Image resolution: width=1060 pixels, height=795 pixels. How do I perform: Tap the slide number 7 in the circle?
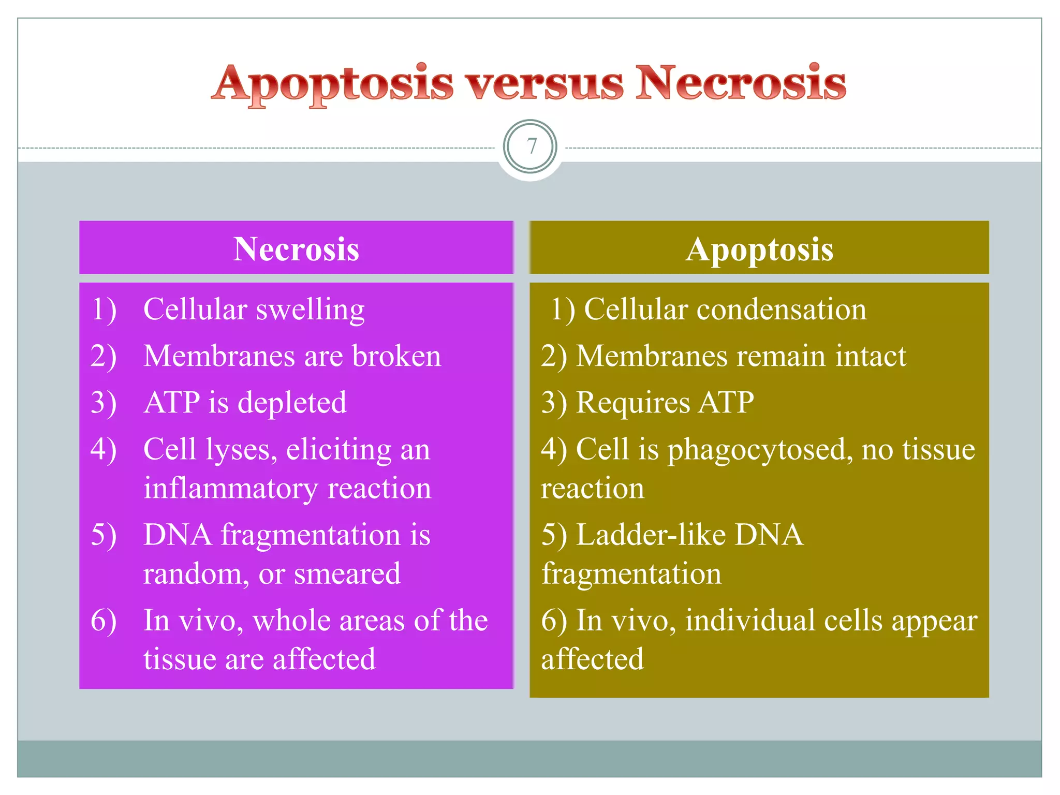531,147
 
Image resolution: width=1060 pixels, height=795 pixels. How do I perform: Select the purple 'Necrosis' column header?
296,249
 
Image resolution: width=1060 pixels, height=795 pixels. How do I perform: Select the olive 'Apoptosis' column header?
759,249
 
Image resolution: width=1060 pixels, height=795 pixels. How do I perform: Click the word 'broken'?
396,356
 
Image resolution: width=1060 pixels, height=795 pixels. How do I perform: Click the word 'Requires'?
633,403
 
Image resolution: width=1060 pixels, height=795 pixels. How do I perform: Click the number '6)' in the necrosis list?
104,621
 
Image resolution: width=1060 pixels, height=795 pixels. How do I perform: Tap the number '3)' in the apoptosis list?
554,403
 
